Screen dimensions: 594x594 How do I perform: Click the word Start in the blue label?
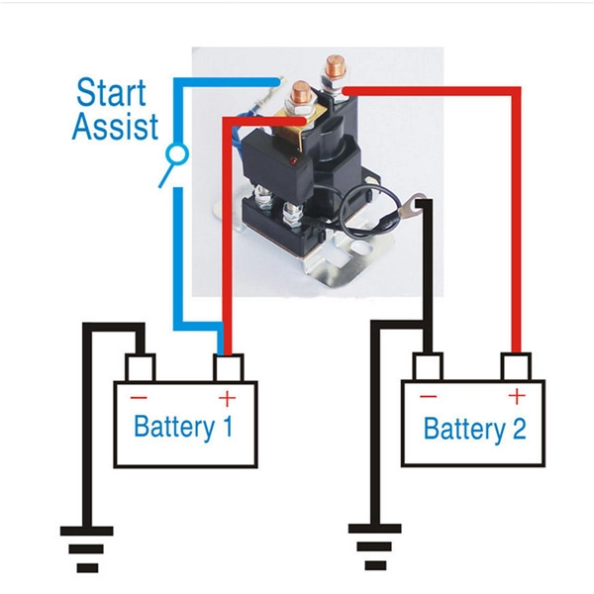point(111,92)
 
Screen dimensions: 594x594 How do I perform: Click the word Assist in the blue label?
point(115,126)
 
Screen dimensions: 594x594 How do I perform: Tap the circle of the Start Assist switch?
point(177,154)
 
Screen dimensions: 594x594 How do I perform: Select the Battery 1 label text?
point(183,427)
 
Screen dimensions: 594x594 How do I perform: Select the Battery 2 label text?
point(474,429)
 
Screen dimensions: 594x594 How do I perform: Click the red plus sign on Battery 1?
point(227,398)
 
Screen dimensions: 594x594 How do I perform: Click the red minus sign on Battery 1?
point(139,397)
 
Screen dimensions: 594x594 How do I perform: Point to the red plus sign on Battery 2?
point(517,397)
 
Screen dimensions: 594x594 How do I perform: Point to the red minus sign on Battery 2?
point(429,396)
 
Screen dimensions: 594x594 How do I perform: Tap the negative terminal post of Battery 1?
point(141,367)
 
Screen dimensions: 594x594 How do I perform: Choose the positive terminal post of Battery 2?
point(516,366)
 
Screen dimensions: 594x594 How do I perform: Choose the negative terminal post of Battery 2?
point(428,366)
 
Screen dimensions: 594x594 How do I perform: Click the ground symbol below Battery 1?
point(87,548)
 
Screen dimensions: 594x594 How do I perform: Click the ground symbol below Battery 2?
point(374,546)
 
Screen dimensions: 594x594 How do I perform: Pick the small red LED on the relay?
point(293,160)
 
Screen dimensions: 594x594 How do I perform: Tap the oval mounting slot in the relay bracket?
point(361,248)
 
